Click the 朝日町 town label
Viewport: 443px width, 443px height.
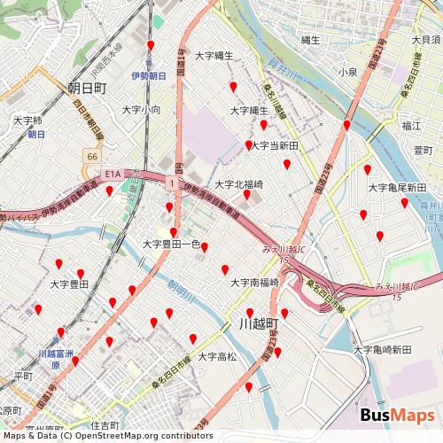(x=87, y=88)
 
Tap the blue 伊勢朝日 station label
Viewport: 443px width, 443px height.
(x=148, y=76)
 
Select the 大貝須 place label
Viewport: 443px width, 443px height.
(x=425, y=39)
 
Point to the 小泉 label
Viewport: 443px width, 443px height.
(x=347, y=71)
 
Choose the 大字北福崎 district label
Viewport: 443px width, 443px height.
(x=239, y=184)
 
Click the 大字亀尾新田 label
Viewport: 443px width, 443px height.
(x=397, y=188)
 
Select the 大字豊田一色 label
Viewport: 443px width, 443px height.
(x=172, y=244)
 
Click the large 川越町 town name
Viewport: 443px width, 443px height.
(x=259, y=323)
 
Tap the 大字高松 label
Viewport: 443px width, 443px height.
(x=217, y=356)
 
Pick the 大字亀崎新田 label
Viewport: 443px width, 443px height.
(x=383, y=350)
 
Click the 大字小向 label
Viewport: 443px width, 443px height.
(x=141, y=110)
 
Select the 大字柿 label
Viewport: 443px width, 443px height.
(x=27, y=120)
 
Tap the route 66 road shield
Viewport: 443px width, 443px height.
(x=92, y=155)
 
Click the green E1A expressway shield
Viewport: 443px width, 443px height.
(x=111, y=175)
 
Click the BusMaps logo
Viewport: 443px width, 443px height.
(x=397, y=416)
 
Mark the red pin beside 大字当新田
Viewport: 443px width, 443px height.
(x=248, y=144)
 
